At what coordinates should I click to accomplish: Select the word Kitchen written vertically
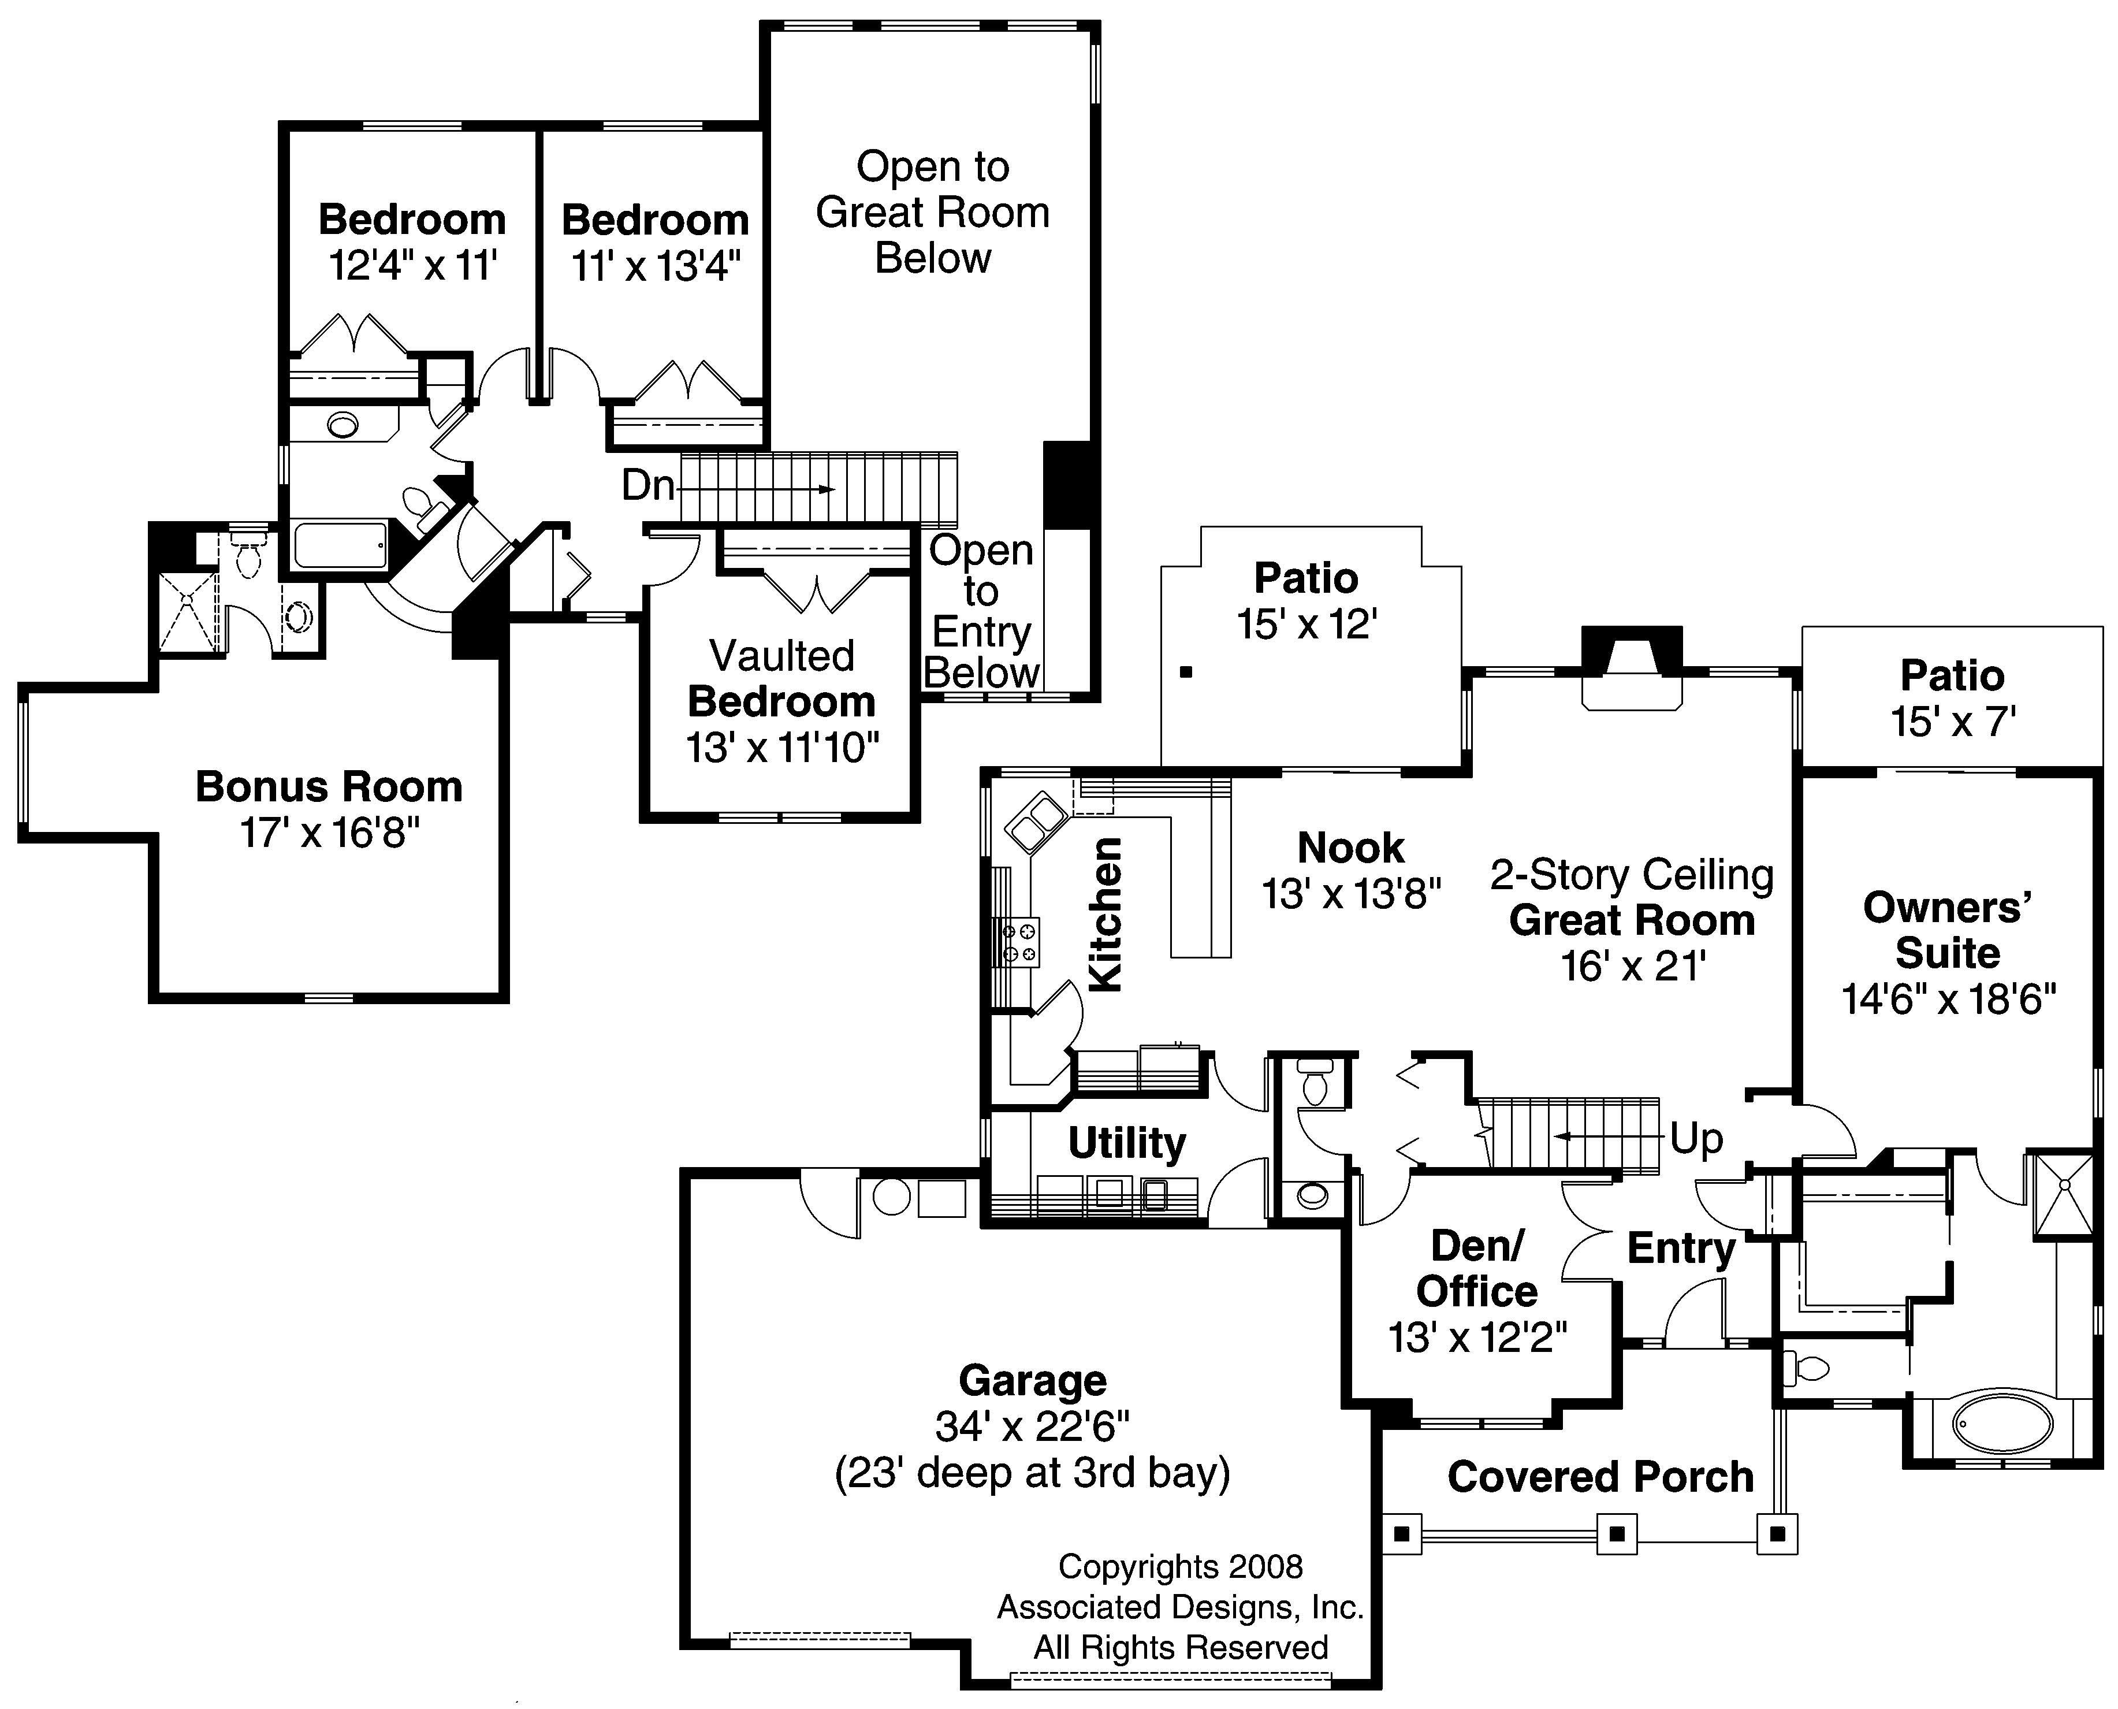pyautogui.click(x=1106, y=913)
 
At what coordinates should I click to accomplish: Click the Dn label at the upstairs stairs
pyautogui.click(x=647, y=485)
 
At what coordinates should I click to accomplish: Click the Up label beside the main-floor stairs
pyautogui.click(x=1696, y=1139)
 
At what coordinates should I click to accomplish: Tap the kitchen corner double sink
pyautogui.click(x=1036, y=822)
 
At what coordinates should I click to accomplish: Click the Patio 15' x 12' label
pyautogui.click(x=1306, y=600)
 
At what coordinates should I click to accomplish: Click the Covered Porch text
pyautogui.click(x=1600, y=1477)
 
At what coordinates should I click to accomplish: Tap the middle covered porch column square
pyautogui.click(x=1616, y=1534)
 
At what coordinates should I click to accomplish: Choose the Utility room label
pyautogui.click(x=1127, y=1143)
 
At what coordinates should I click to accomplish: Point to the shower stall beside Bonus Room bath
pyautogui.click(x=187, y=610)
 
